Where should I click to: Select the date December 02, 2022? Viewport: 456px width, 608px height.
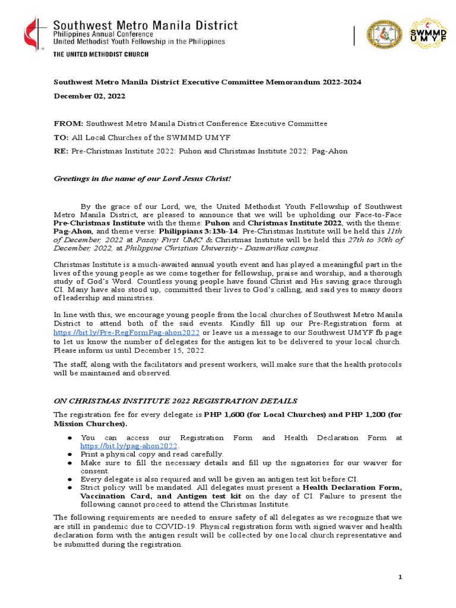tap(90, 96)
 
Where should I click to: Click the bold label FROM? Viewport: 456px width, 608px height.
tap(68, 123)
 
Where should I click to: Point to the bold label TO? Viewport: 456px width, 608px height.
tap(62, 137)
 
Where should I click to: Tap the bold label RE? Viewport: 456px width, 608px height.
tap(62, 151)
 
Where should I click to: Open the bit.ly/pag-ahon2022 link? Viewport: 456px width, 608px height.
tap(129, 445)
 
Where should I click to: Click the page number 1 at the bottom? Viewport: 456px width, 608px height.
tap(400, 578)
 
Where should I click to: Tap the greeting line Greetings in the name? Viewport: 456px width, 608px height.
tap(142, 178)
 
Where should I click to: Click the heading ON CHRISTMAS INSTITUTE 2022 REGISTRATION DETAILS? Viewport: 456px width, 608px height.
tap(175, 401)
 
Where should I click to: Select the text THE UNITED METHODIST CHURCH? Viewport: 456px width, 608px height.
tap(101, 54)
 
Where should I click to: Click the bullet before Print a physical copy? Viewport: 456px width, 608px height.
tap(69, 454)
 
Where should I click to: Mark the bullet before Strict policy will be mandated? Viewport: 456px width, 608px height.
tap(69, 487)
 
